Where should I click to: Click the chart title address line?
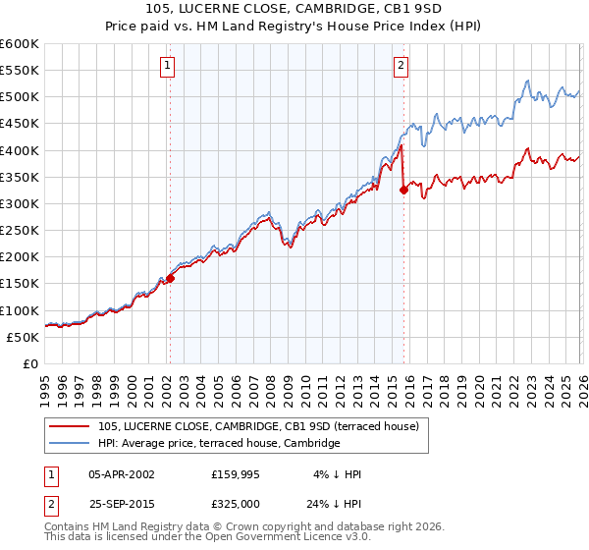click(x=294, y=9)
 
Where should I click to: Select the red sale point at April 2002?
click(x=170, y=278)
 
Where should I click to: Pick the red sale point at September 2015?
click(x=403, y=191)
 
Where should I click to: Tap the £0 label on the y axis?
click(x=31, y=363)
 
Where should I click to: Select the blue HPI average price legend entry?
click(x=218, y=443)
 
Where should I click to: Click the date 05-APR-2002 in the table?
click(x=122, y=474)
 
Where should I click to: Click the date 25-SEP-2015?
click(x=122, y=502)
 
